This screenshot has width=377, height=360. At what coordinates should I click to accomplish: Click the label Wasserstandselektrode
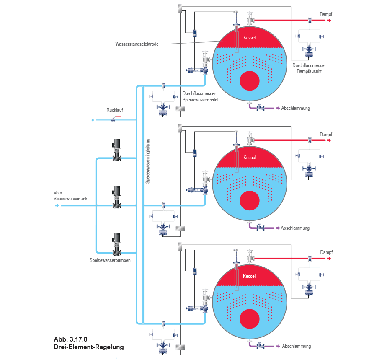point(137,44)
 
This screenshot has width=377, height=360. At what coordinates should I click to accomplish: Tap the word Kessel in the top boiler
point(250,38)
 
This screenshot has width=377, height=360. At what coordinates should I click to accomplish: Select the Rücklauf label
point(115,110)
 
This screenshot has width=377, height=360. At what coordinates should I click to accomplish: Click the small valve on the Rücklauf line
point(114,119)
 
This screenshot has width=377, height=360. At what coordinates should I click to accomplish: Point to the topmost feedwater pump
point(116,150)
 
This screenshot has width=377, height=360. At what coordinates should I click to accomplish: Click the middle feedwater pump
point(116,197)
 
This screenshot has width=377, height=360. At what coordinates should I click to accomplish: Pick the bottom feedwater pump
point(116,244)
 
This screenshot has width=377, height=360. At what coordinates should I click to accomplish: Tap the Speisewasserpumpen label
point(110,260)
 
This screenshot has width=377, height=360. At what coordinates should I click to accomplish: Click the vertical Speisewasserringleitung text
point(148,161)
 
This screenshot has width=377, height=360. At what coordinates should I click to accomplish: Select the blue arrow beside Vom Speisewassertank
point(57,205)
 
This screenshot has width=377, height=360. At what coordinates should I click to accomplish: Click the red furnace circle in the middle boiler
point(250,201)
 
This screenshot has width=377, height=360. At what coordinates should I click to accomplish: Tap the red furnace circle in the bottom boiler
point(250,319)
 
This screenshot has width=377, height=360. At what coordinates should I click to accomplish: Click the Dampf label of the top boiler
point(326,14)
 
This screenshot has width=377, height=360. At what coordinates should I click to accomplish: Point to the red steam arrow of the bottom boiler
point(329,259)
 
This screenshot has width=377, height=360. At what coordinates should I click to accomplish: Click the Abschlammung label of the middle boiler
point(295,228)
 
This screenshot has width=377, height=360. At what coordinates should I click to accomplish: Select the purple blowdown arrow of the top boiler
point(278,108)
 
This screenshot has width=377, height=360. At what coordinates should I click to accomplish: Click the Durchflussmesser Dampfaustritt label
point(309,68)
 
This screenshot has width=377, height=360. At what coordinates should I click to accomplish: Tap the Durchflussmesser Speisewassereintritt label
point(201,96)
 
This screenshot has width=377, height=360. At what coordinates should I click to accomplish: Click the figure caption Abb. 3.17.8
point(70,339)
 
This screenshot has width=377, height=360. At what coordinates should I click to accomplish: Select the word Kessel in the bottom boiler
point(249,276)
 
